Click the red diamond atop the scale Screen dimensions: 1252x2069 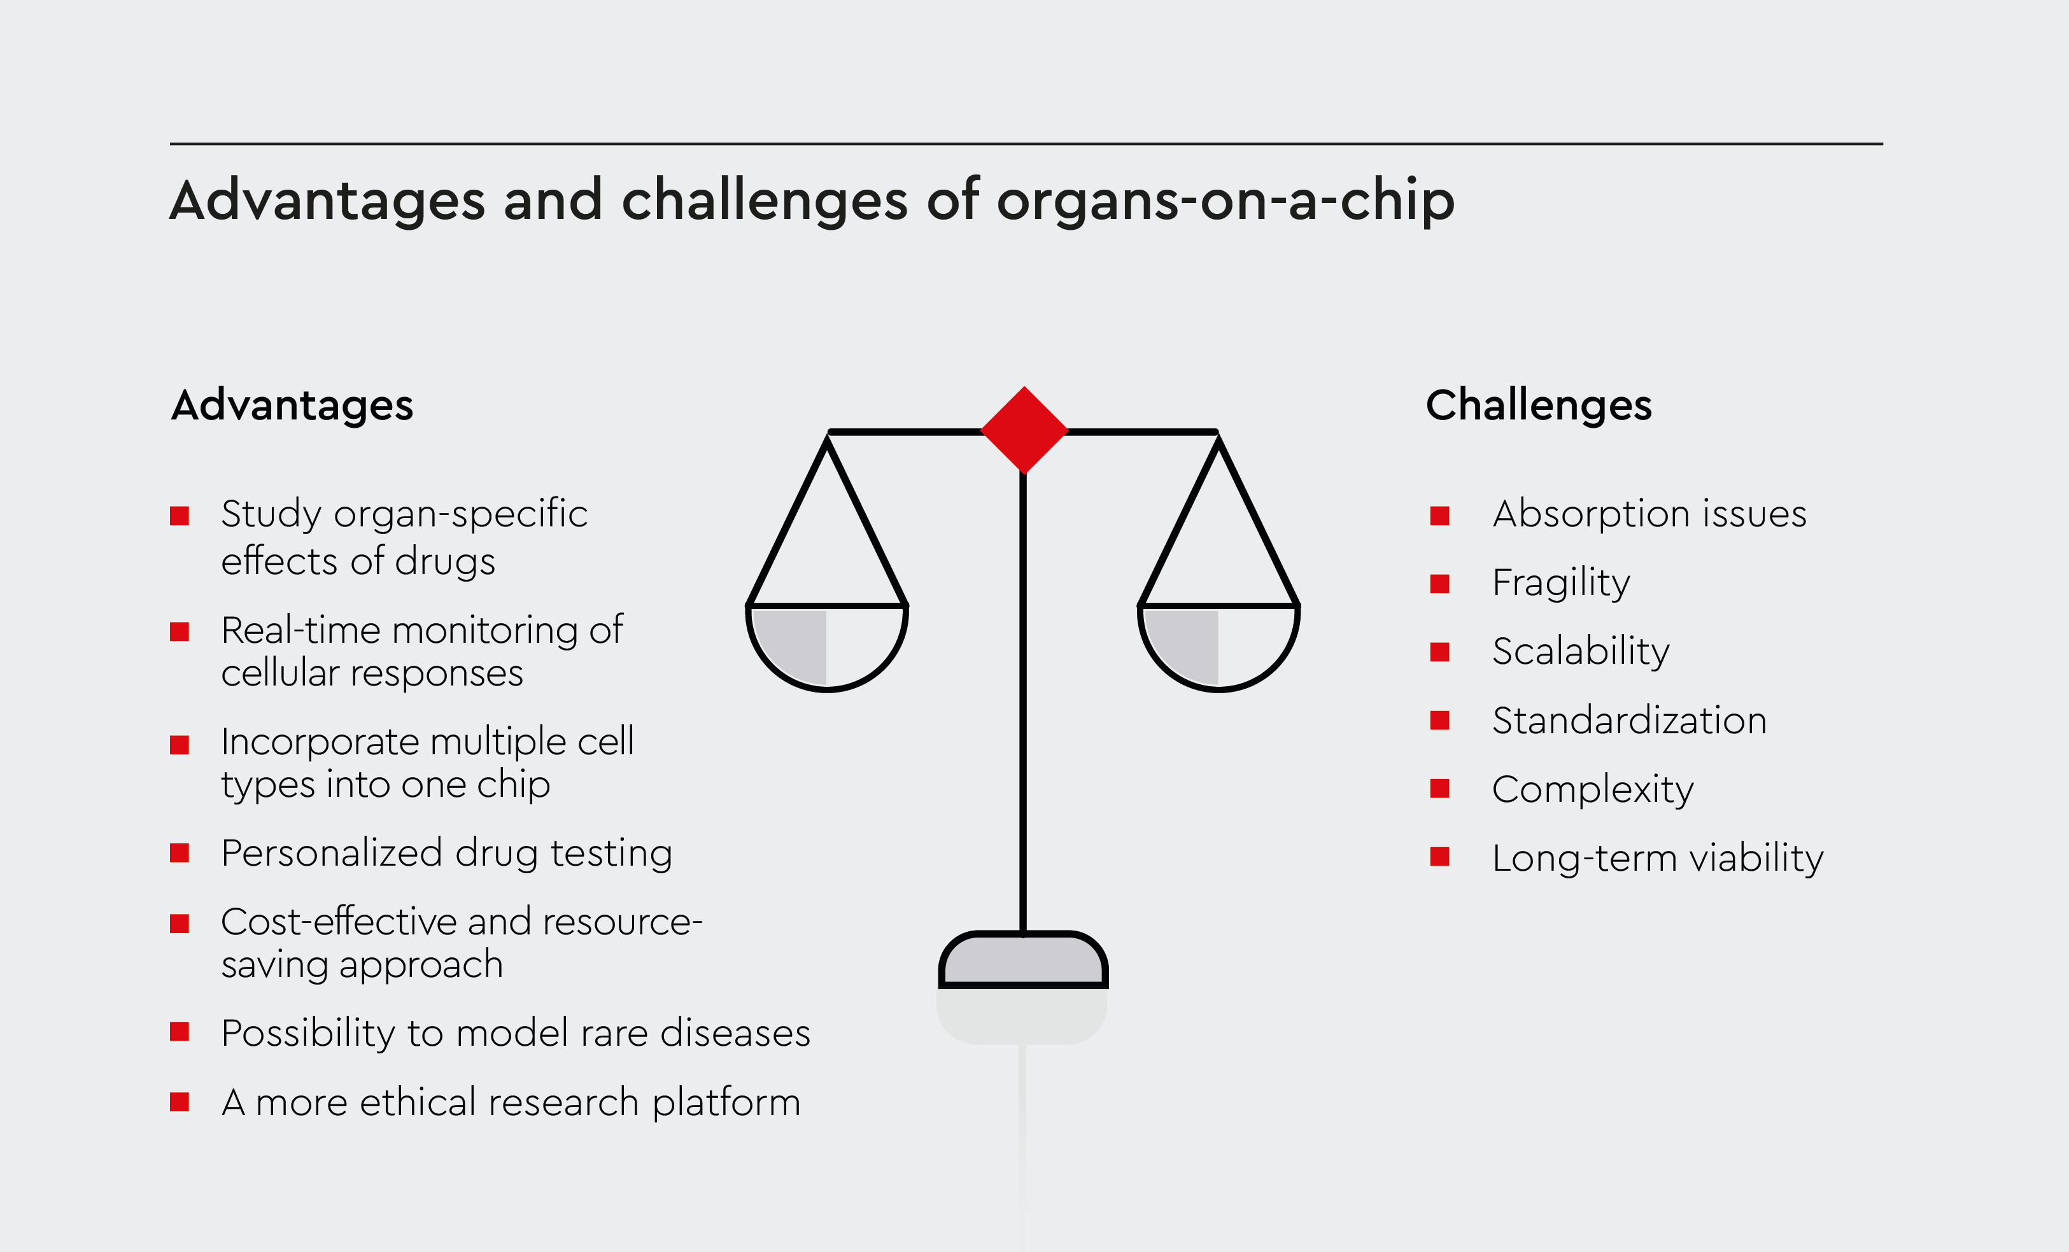(1024, 430)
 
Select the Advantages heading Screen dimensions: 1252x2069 (292, 405)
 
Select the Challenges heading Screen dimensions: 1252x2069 (1538, 405)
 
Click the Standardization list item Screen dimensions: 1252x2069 (1629, 721)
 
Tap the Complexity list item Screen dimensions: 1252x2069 (1592, 789)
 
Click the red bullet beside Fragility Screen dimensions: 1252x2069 (1439, 584)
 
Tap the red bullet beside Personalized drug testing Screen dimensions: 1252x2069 (179, 853)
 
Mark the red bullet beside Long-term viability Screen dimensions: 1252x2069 (1439, 857)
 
